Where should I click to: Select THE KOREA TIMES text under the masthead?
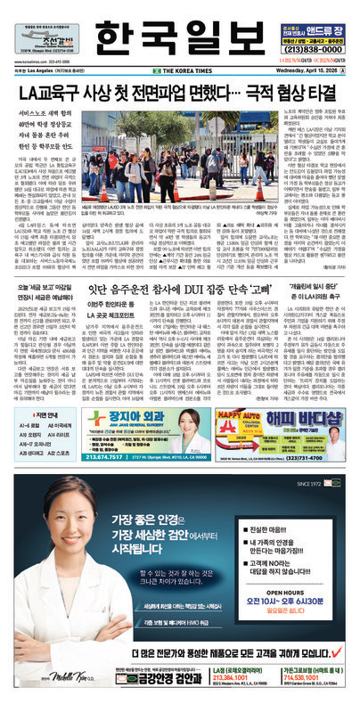click(179, 68)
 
